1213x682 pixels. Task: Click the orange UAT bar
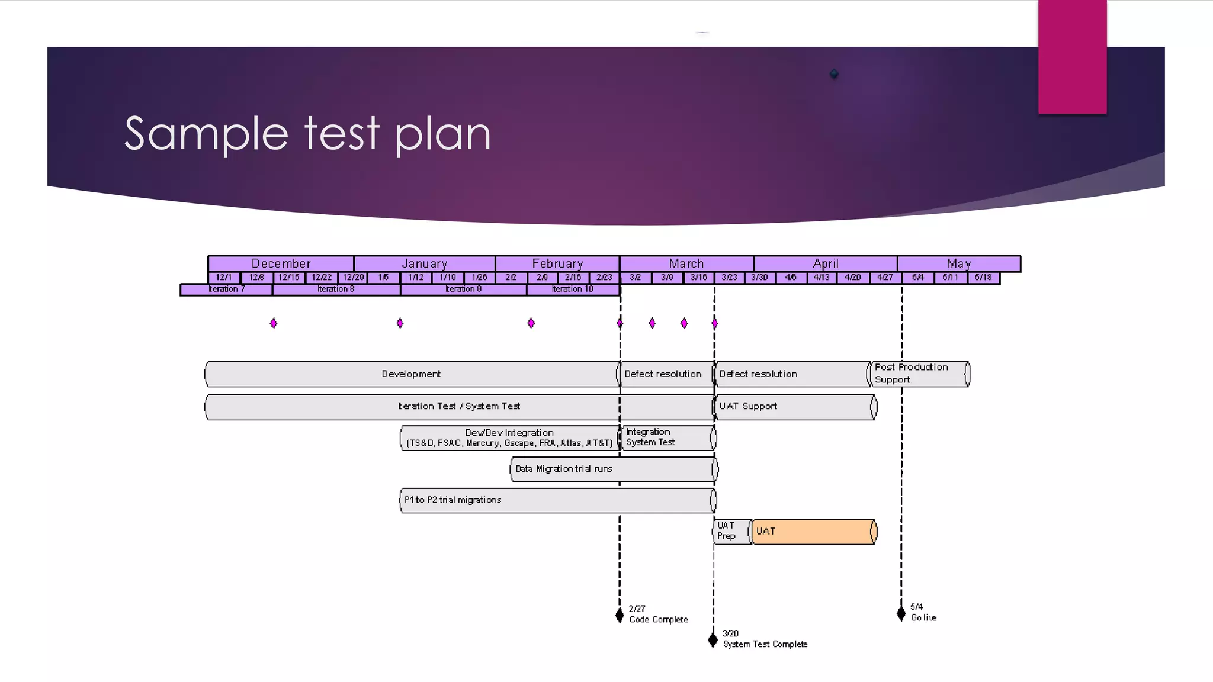point(813,532)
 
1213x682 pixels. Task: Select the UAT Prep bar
point(731,532)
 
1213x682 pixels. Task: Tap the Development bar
point(411,374)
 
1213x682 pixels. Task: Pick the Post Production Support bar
point(919,374)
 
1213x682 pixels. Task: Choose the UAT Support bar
point(794,407)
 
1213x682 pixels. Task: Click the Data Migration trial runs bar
point(613,469)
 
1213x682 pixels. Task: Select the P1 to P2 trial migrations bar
point(557,500)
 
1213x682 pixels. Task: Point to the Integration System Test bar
point(667,437)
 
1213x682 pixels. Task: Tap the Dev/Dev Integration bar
point(509,438)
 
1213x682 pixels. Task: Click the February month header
point(557,263)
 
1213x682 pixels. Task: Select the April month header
point(825,263)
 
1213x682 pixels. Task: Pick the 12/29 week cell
point(353,277)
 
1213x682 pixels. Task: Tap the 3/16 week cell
point(698,277)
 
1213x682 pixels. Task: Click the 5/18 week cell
point(983,277)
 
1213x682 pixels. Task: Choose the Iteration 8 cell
point(336,289)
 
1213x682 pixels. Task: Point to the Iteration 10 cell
point(572,289)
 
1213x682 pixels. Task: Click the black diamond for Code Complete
point(620,615)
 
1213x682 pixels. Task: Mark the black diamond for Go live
point(901,613)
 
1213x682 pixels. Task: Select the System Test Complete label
point(765,644)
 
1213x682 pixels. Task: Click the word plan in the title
point(442,134)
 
